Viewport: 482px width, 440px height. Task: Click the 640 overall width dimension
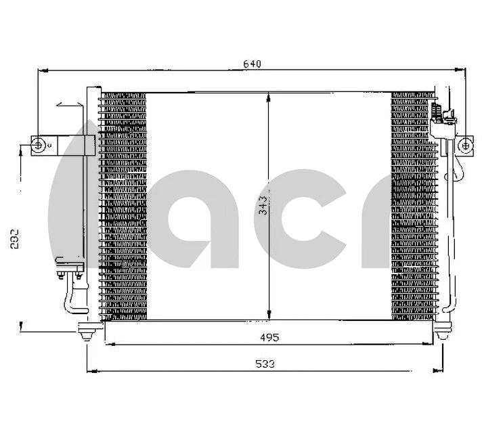(252, 64)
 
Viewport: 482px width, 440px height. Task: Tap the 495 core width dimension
(269, 336)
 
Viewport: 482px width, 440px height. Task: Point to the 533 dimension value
(266, 364)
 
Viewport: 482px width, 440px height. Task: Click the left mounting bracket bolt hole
(39, 144)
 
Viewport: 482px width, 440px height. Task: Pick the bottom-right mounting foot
(443, 330)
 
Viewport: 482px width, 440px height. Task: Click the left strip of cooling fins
(123, 206)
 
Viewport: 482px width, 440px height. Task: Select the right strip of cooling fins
(414, 206)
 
